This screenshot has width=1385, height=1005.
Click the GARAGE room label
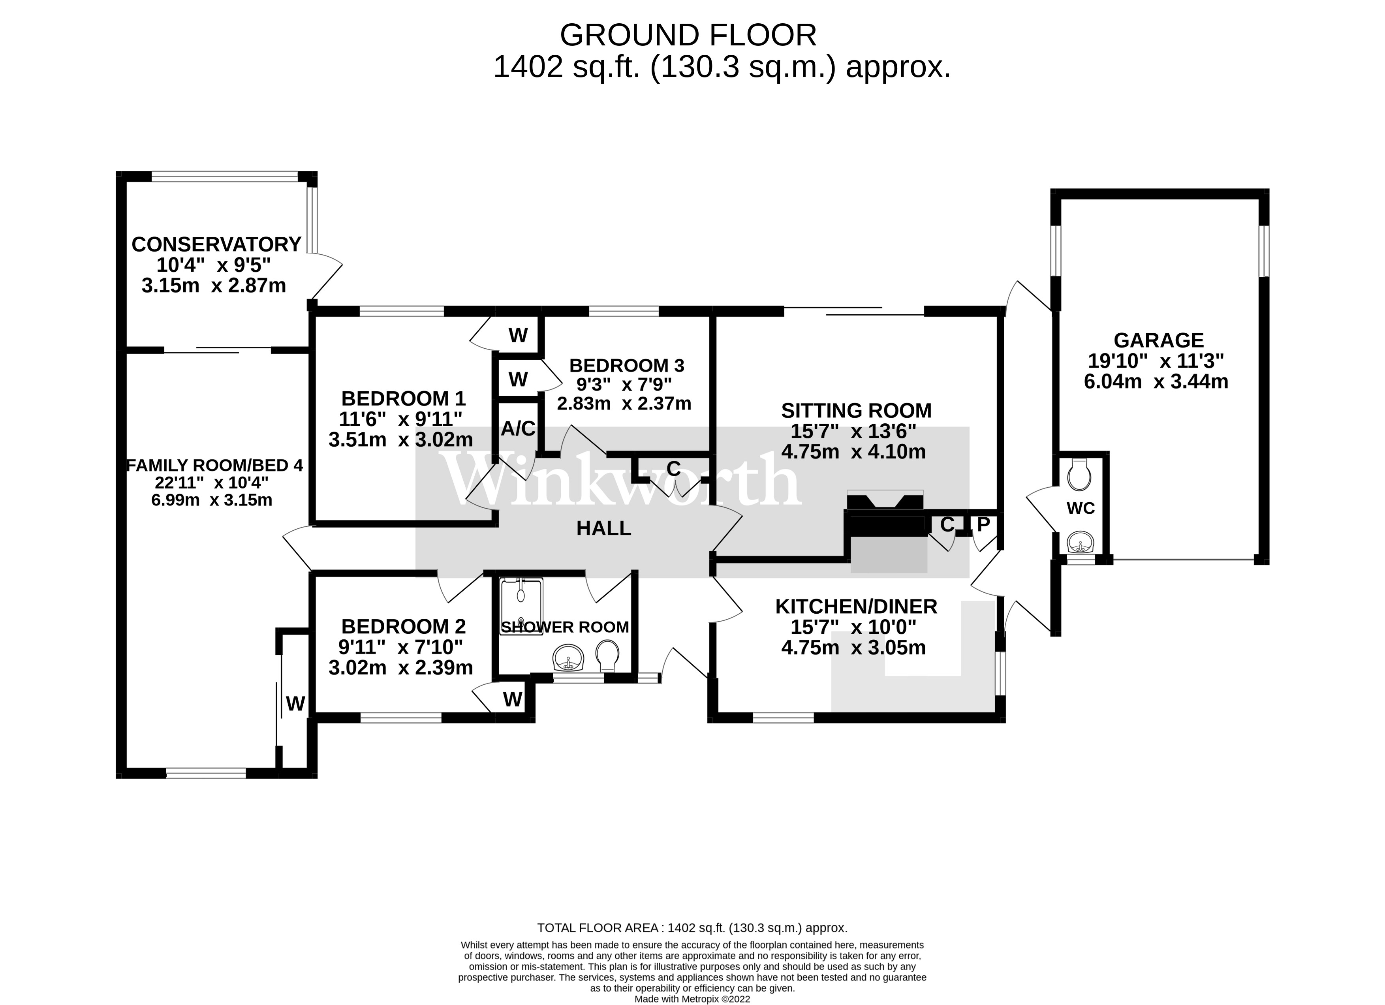point(1158,340)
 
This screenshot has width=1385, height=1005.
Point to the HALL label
point(603,528)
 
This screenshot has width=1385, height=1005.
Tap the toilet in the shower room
point(608,654)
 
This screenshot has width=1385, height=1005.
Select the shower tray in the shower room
point(521,607)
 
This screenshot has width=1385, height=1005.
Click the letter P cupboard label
point(983,524)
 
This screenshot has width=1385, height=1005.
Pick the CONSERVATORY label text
point(216,244)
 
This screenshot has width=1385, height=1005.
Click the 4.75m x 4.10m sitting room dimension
point(853,452)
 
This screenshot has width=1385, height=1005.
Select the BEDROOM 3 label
point(626,366)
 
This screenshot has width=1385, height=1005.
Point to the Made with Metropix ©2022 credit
point(692,999)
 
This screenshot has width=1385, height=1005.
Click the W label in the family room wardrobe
point(295,704)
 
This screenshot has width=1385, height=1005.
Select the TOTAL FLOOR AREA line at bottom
point(692,928)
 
